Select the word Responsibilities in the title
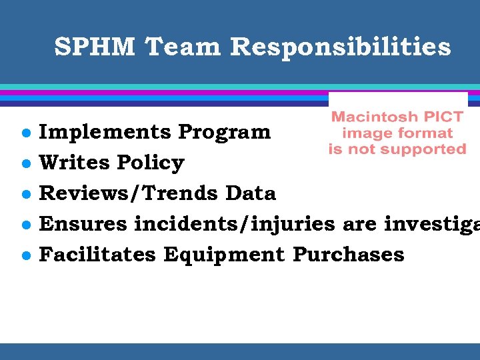click(341, 47)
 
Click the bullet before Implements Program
click(24, 133)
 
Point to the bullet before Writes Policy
click(24, 163)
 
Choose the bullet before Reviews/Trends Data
click(24, 194)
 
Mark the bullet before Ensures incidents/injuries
click(24, 225)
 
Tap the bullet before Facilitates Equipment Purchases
click(24, 255)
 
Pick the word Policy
click(151, 163)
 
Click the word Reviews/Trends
click(129, 193)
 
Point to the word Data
click(251, 193)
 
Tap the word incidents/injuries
click(234, 224)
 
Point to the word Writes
click(75, 163)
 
